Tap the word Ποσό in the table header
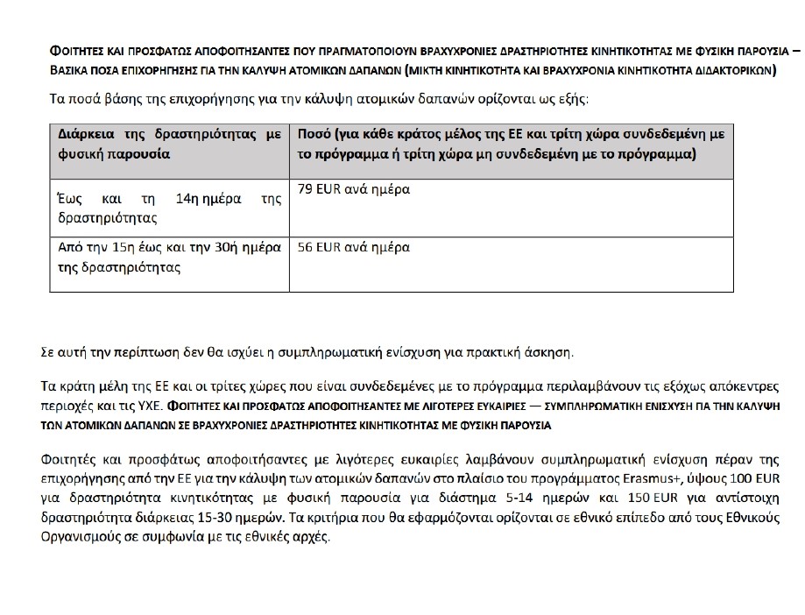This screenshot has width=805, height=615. pos(315,135)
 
